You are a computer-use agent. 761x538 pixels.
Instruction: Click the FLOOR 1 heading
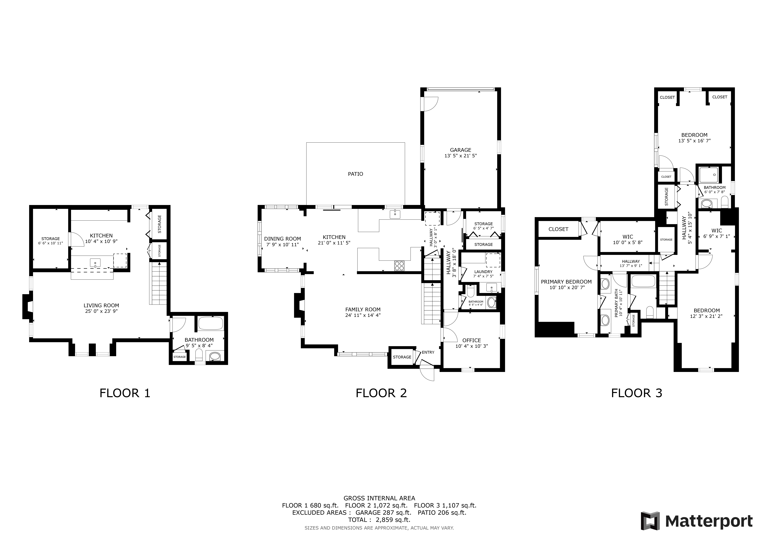point(125,393)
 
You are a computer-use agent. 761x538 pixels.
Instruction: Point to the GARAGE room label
point(460,150)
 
